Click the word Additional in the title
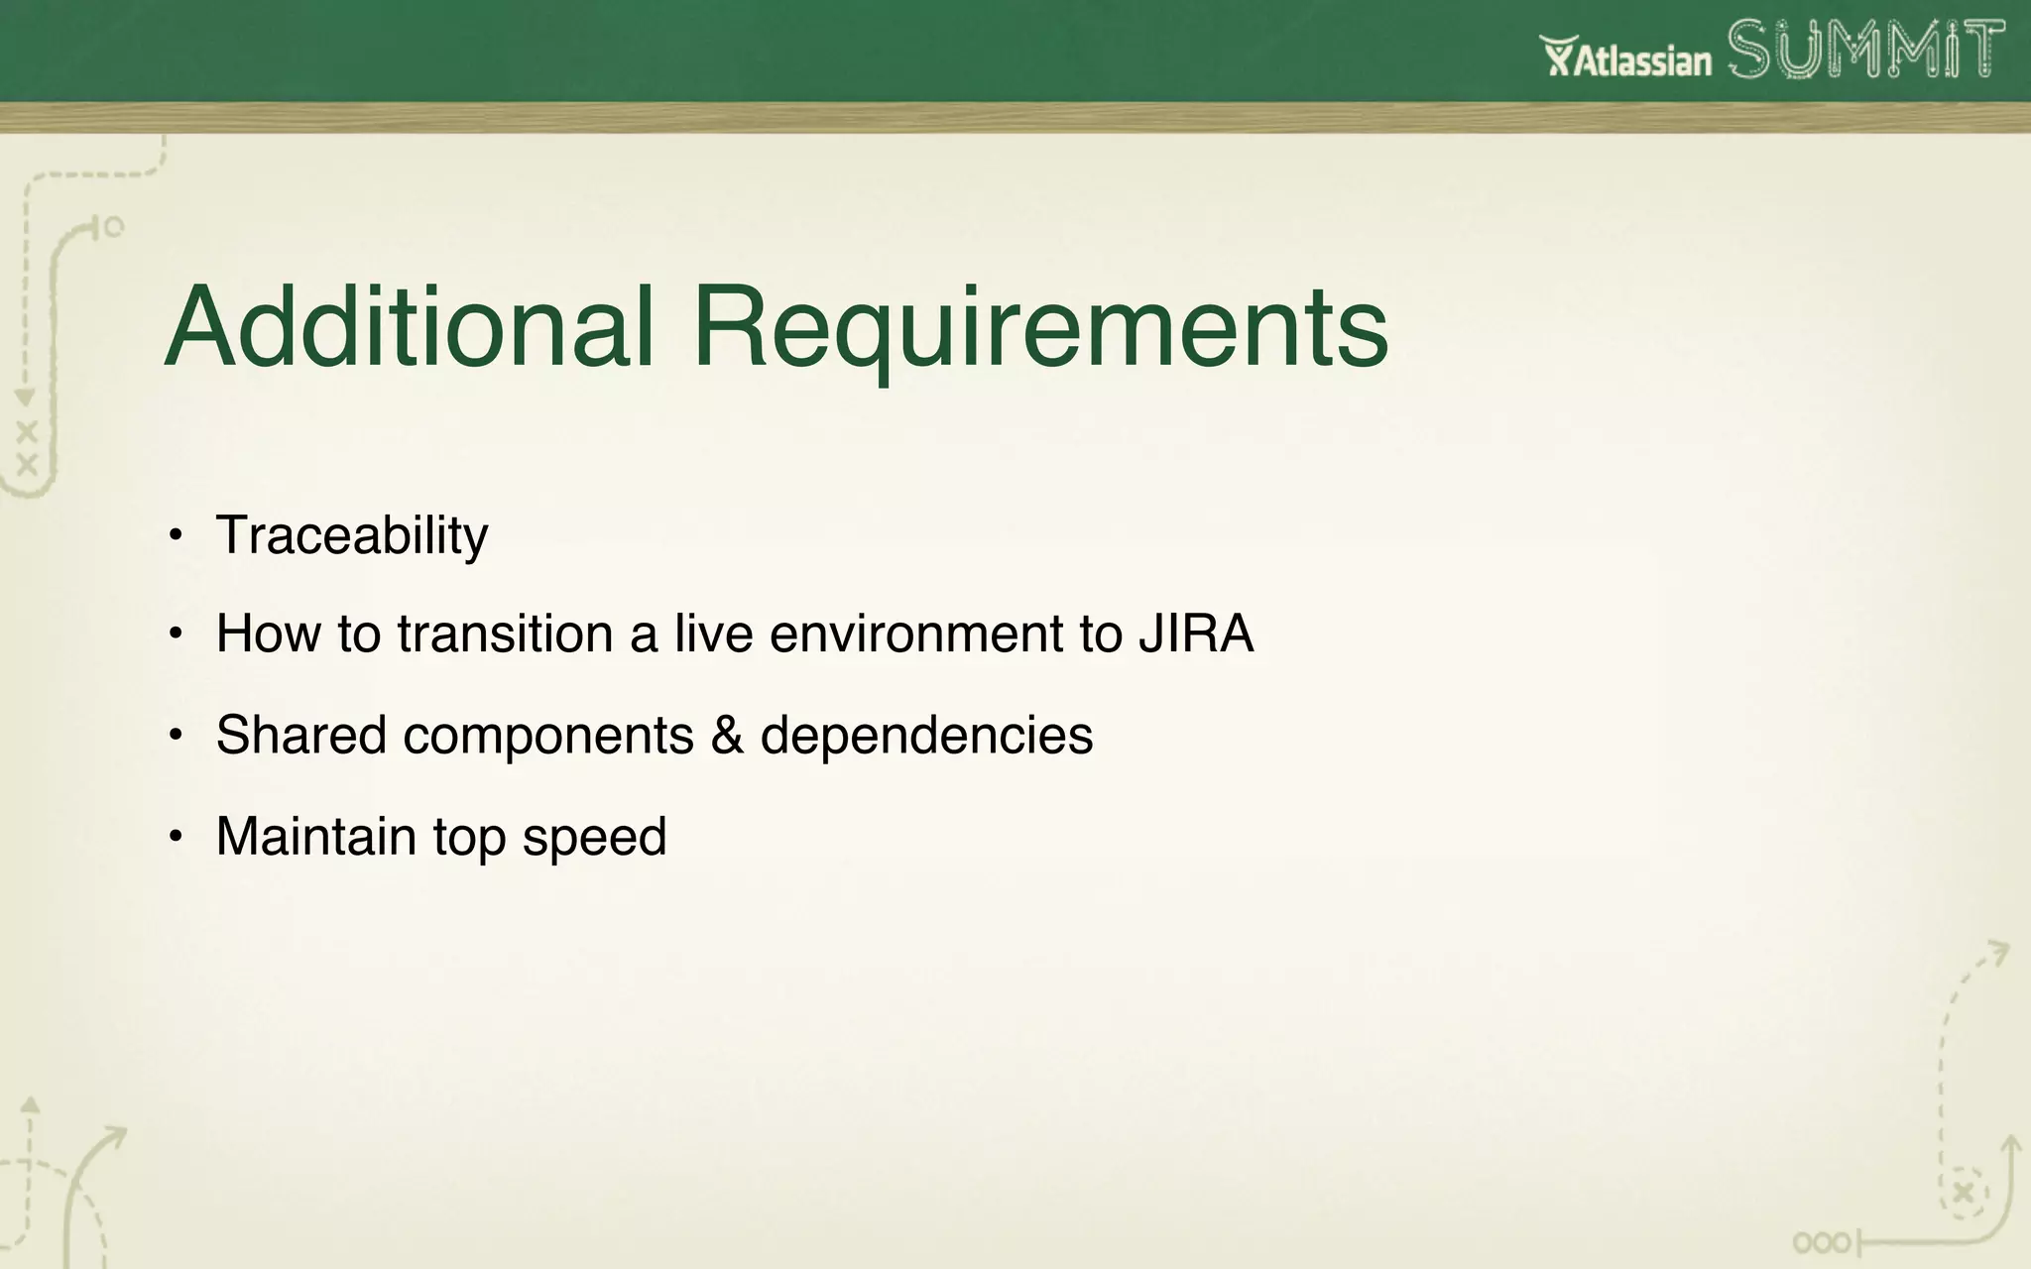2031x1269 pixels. point(410,327)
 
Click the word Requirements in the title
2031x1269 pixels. point(1039,327)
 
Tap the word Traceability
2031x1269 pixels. point(352,536)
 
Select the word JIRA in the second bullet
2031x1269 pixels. point(1196,634)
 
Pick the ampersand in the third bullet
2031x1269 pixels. point(727,736)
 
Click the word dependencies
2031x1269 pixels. point(926,736)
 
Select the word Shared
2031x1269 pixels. point(300,736)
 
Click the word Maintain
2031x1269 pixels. point(315,836)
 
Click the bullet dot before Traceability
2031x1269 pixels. point(176,536)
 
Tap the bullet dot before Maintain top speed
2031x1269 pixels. point(176,837)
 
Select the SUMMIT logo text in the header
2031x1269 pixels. point(1865,50)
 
